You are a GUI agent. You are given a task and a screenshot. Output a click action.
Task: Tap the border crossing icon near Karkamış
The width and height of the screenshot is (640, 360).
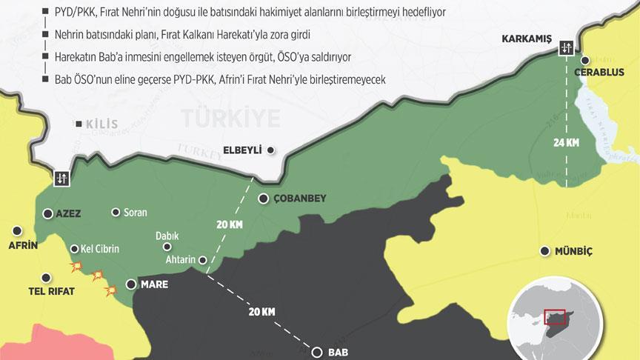pyautogui.click(x=567, y=47)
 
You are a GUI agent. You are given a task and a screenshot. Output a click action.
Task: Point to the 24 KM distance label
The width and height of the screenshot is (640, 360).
pyautogui.click(x=567, y=144)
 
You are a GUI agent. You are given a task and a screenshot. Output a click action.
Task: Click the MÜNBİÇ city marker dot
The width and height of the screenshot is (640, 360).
pyautogui.click(x=545, y=251)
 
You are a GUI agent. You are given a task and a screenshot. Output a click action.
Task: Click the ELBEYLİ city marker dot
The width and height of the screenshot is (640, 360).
pyautogui.click(x=271, y=150)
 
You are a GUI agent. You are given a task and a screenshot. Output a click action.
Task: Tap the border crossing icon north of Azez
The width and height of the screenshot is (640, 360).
pyautogui.click(x=60, y=179)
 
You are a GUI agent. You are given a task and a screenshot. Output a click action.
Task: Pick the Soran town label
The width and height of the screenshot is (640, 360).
pyautogui.click(x=135, y=213)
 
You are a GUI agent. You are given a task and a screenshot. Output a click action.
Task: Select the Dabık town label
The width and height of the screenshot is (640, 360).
pyautogui.click(x=167, y=236)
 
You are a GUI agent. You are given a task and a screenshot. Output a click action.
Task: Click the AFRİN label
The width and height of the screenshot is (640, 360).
pyautogui.click(x=21, y=245)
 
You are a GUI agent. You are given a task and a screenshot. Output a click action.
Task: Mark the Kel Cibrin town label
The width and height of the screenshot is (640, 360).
pyautogui.click(x=99, y=249)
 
